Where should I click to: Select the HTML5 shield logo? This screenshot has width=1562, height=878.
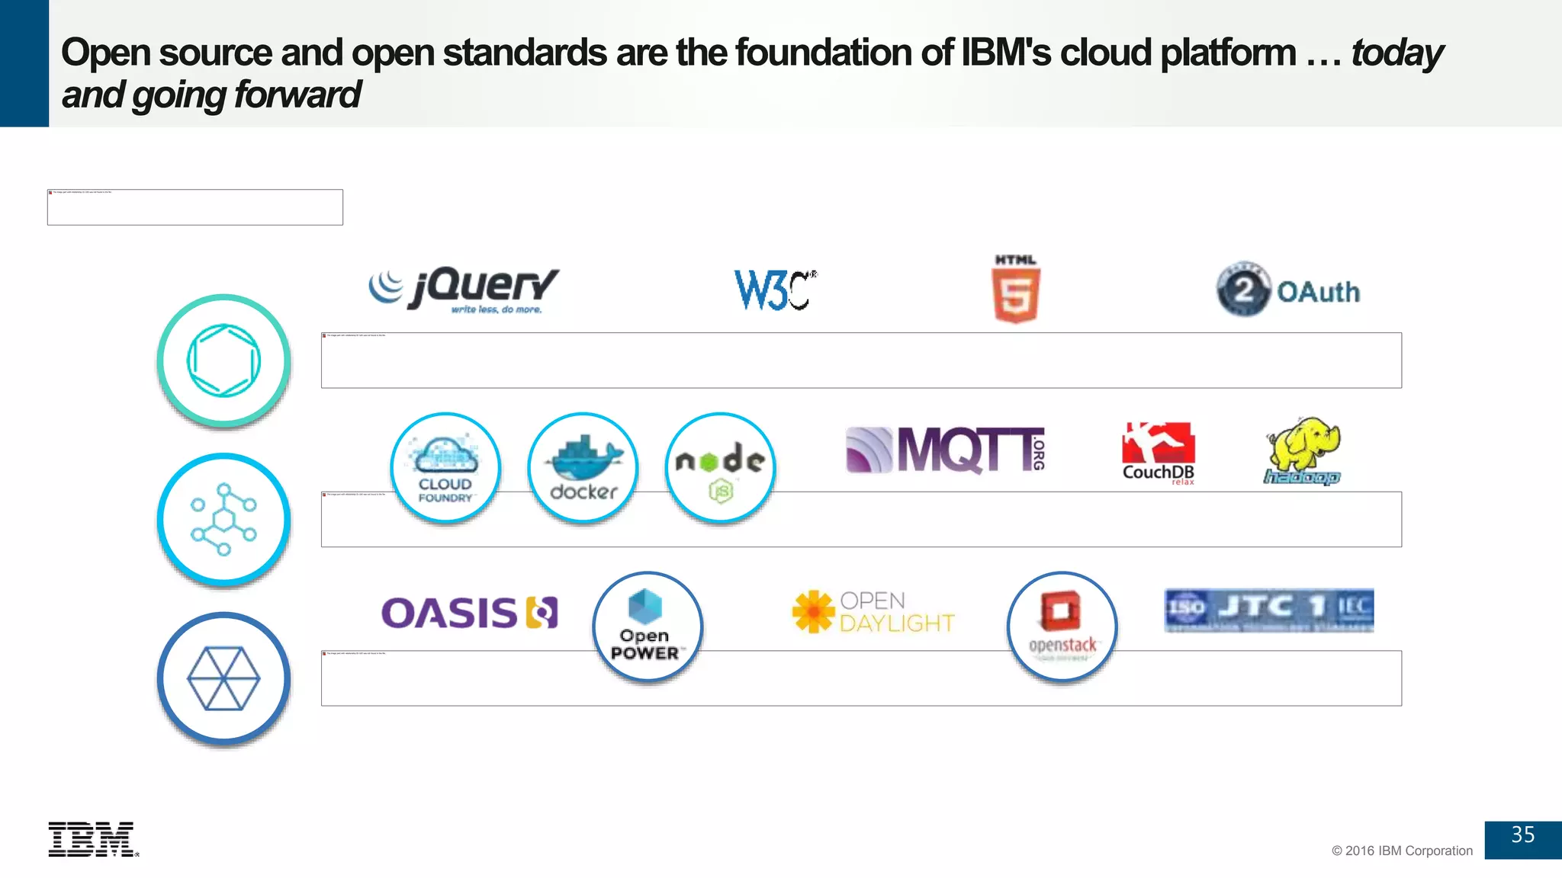point(1016,290)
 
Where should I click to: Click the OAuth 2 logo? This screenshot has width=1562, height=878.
point(1288,290)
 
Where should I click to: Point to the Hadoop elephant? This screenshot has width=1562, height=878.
point(1303,450)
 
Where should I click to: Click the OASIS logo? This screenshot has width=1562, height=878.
point(469,613)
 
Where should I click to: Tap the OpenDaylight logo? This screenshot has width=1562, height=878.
point(874,612)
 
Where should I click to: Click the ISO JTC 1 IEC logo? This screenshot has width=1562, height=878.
point(1269,610)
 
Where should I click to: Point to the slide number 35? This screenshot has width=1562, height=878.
point(1522,835)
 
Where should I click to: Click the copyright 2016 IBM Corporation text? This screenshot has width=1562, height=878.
point(1402,851)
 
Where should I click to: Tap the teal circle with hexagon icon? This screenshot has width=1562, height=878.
point(223,360)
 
